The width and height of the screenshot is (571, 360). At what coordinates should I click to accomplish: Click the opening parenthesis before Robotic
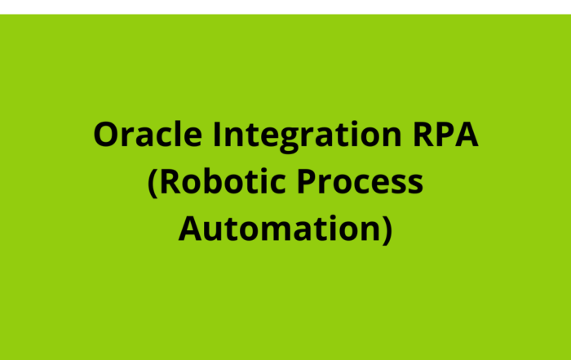[x=153, y=182]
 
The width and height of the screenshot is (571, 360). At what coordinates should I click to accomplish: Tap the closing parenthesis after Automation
[x=387, y=229]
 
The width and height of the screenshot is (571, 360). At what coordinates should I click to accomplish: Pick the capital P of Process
[x=309, y=181]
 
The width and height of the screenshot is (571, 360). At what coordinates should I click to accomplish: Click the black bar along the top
[x=285, y=6]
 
